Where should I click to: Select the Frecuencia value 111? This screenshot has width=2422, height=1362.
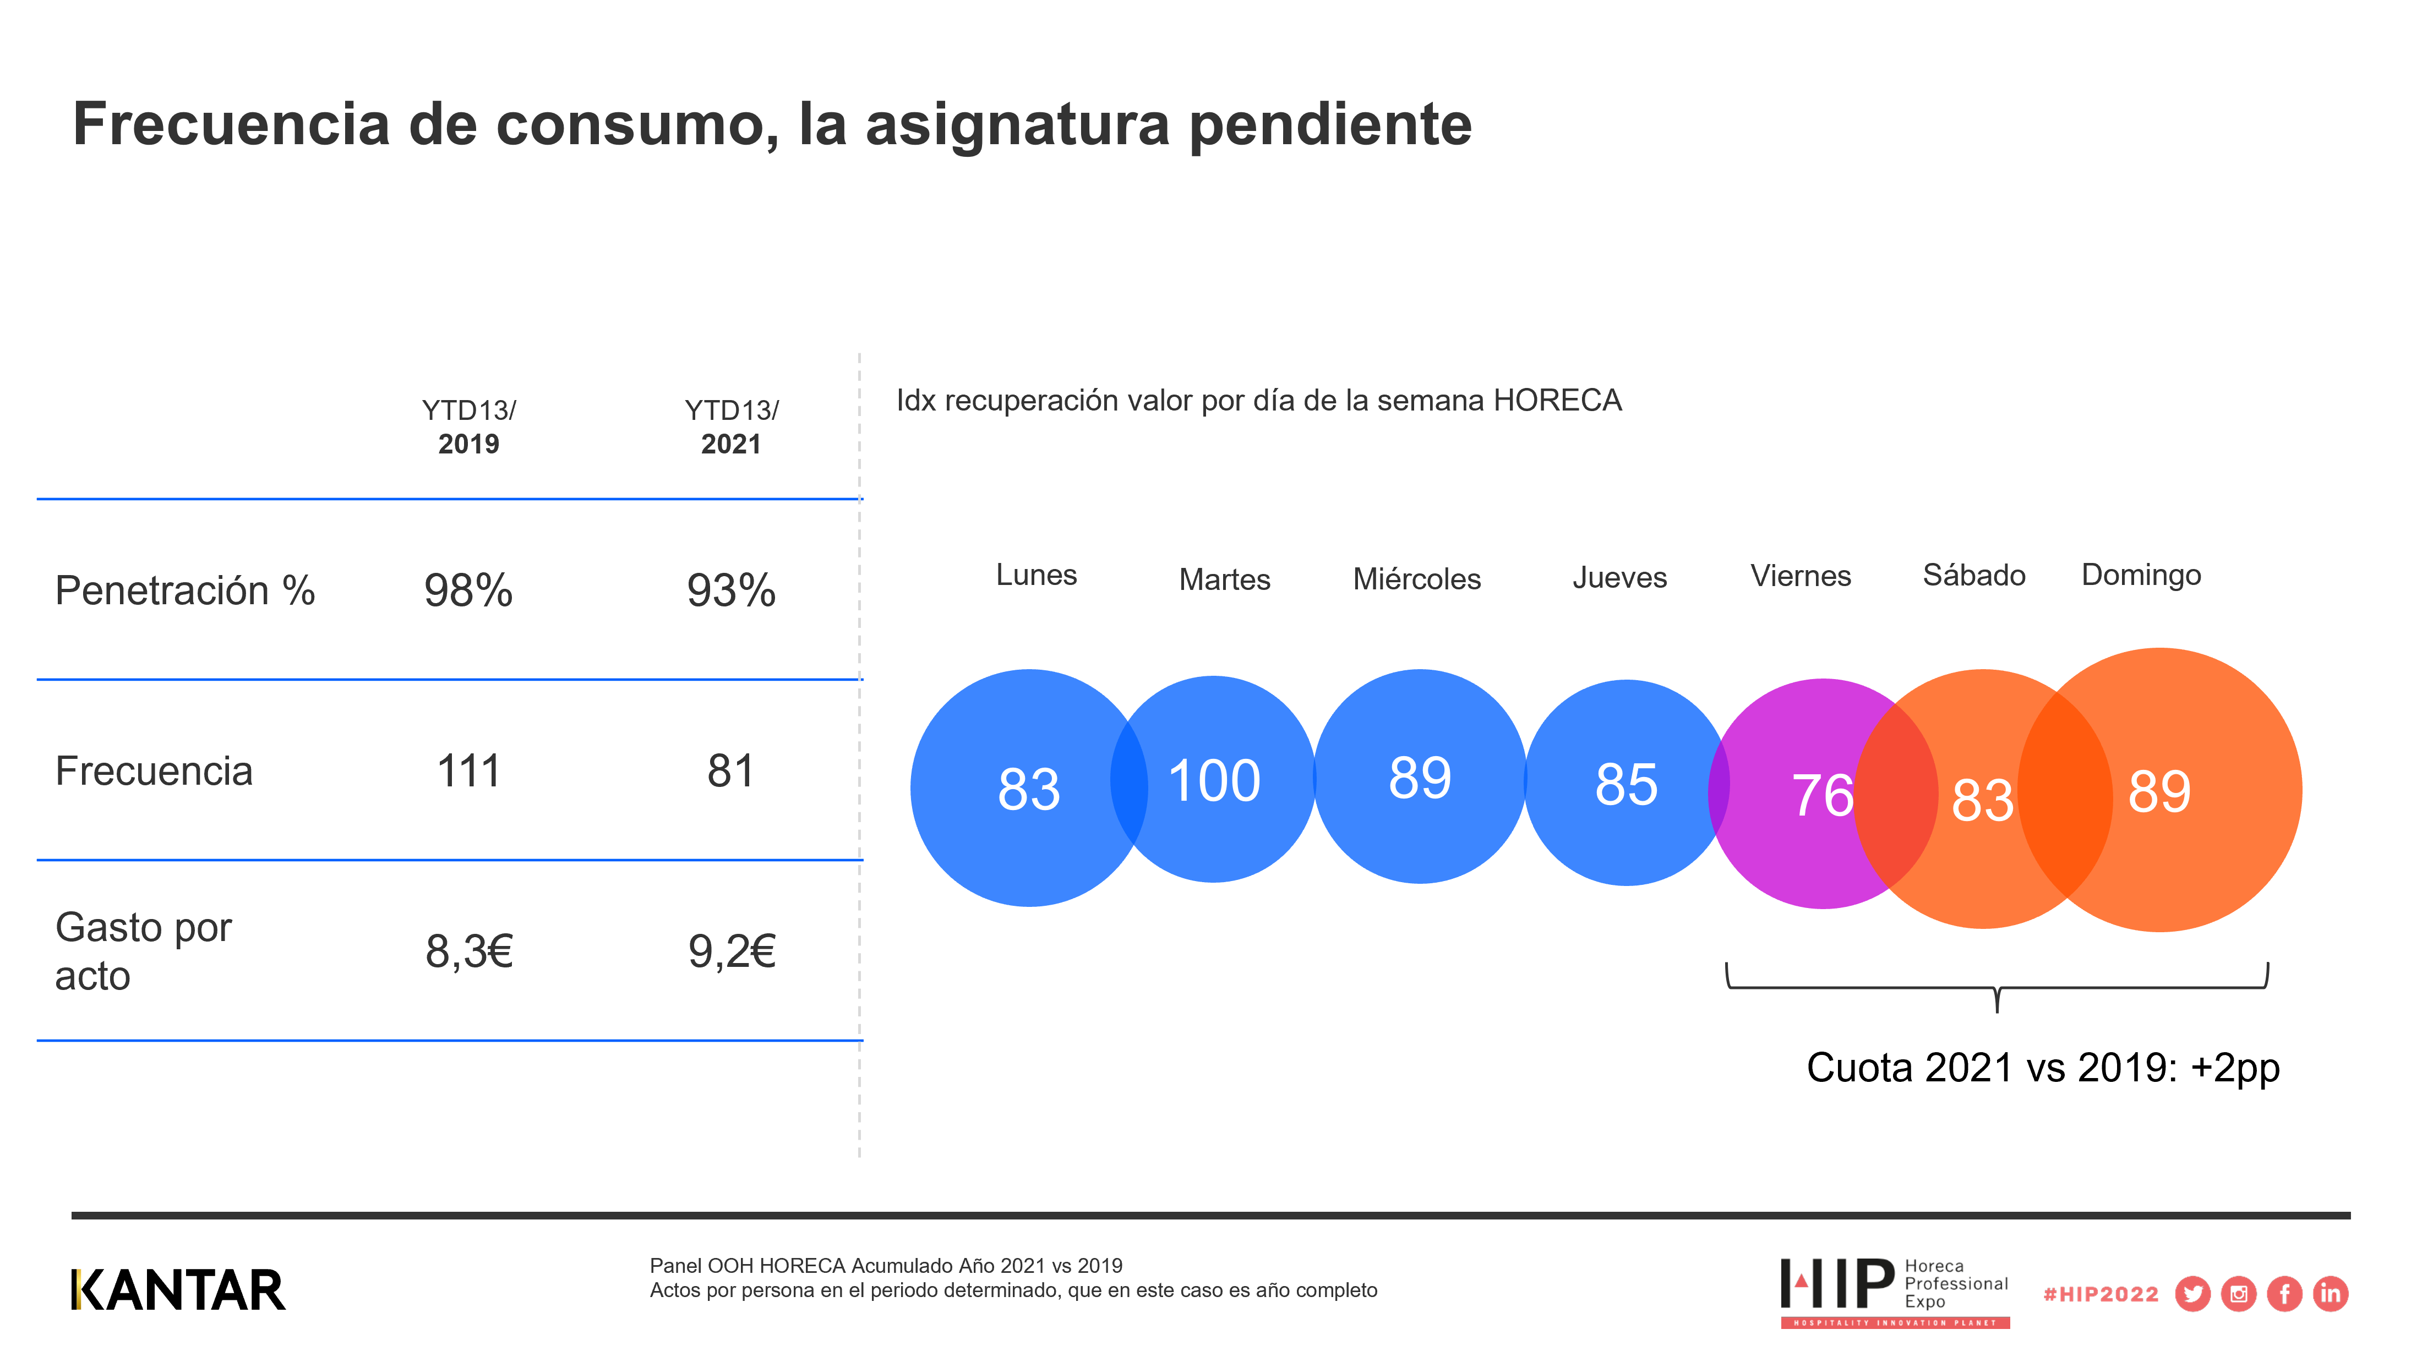(468, 771)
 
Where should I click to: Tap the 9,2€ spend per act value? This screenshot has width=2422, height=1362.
(732, 951)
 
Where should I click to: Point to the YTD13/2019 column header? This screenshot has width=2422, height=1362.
(468, 426)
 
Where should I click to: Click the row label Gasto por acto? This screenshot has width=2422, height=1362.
(143, 951)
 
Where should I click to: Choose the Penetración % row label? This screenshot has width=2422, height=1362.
(185, 590)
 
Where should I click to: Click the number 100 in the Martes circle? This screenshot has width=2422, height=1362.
(1214, 780)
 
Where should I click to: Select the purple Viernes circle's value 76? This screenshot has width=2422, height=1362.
(1821, 795)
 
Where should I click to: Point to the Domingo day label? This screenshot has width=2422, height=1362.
(2141, 575)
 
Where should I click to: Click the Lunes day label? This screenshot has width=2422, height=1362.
(1036, 575)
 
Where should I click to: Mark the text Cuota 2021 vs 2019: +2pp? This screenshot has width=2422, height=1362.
(2042, 1068)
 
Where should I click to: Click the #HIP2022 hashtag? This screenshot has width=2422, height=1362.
(2101, 1294)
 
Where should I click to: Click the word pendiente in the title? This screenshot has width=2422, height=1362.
(1330, 124)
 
